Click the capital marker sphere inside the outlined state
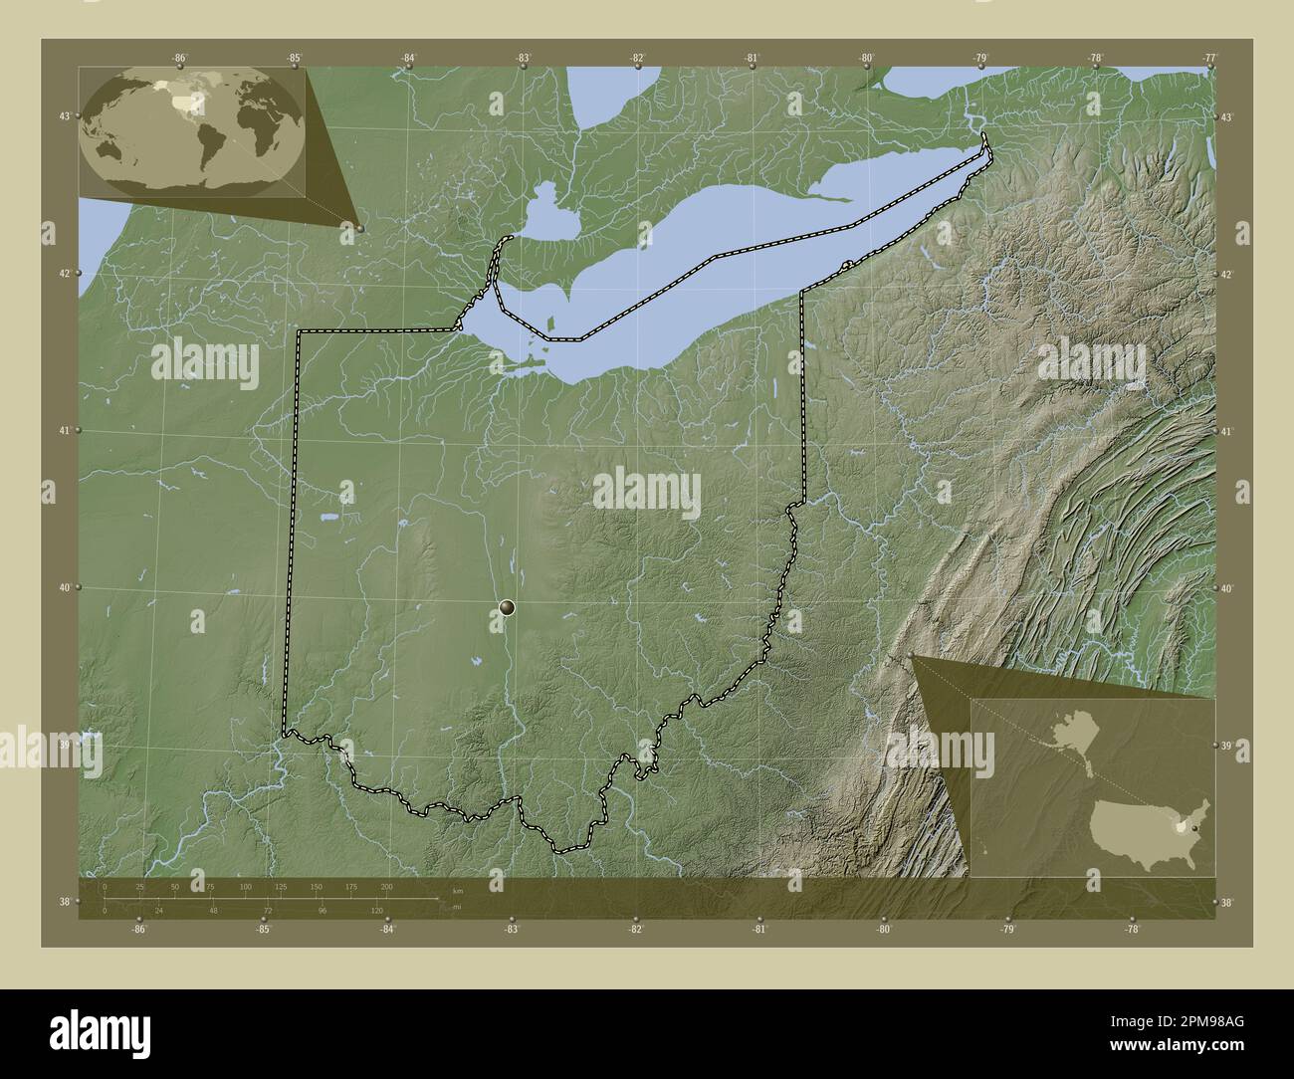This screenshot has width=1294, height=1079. click(x=508, y=607)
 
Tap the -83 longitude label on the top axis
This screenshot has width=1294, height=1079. click(x=523, y=58)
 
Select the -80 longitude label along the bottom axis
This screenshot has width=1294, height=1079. click(x=883, y=929)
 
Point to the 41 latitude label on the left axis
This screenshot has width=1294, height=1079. click(x=64, y=431)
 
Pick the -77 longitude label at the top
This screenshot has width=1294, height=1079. click(x=1209, y=58)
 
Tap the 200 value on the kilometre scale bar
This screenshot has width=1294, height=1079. click(x=386, y=886)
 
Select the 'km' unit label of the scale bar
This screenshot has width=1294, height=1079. click(x=457, y=891)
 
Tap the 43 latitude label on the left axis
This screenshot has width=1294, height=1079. click(x=64, y=116)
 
